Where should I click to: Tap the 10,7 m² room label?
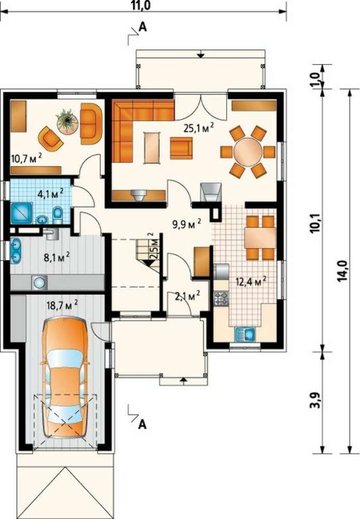click(26, 158)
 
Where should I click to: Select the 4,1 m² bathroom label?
click(51, 193)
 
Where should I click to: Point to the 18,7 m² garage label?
click(62, 305)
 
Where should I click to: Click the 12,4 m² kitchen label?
click(251, 282)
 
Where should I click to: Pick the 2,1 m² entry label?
click(187, 296)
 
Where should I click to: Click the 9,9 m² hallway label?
click(187, 224)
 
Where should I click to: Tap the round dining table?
click(248, 152)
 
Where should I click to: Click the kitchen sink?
click(244, 335)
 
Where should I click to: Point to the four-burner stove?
click(220, 298)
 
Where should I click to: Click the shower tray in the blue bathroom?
click(21, 213)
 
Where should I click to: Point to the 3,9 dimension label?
click(316, 400)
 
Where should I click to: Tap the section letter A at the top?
click(142, 27)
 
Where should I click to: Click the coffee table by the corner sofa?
click(152, 147)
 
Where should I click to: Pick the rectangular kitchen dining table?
click(260, 238)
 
